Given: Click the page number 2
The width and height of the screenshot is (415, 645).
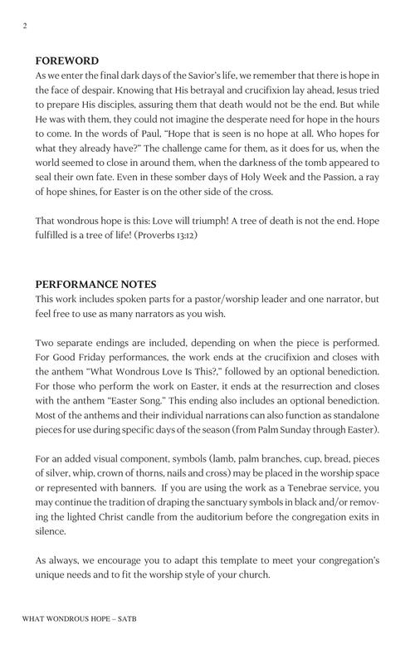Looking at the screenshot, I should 25,26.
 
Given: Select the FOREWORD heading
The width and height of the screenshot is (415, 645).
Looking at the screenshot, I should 67,61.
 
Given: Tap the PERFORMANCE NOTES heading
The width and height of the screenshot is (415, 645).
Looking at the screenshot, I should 95,285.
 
